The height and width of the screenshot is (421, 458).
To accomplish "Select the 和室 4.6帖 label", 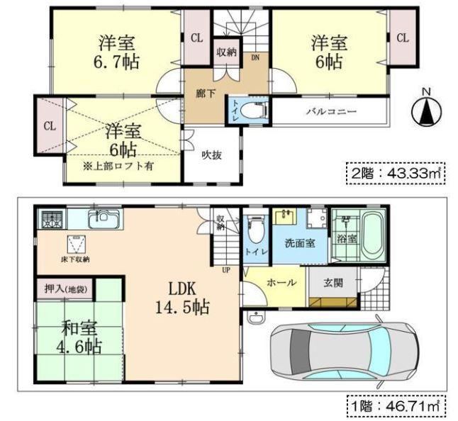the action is point(79,338).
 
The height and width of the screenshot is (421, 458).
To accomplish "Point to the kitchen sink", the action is point(104,219).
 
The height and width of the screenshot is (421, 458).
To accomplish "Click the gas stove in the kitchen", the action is point(52,219).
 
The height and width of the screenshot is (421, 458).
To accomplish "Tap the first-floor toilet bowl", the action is point(256,230).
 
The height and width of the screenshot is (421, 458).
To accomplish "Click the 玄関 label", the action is point(333,284).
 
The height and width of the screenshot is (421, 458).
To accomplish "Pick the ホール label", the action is point(281,283).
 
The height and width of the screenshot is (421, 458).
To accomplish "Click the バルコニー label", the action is point(331,111).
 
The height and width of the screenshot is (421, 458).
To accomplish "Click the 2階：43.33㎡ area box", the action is point(396,174).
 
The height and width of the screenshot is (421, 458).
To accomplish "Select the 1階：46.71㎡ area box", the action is point(396,407).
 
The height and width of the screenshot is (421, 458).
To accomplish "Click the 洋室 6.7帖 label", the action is point(116,52).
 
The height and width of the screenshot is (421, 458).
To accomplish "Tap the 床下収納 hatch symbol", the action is point(77,244).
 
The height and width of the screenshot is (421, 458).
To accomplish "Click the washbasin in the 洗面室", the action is point(286,216).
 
